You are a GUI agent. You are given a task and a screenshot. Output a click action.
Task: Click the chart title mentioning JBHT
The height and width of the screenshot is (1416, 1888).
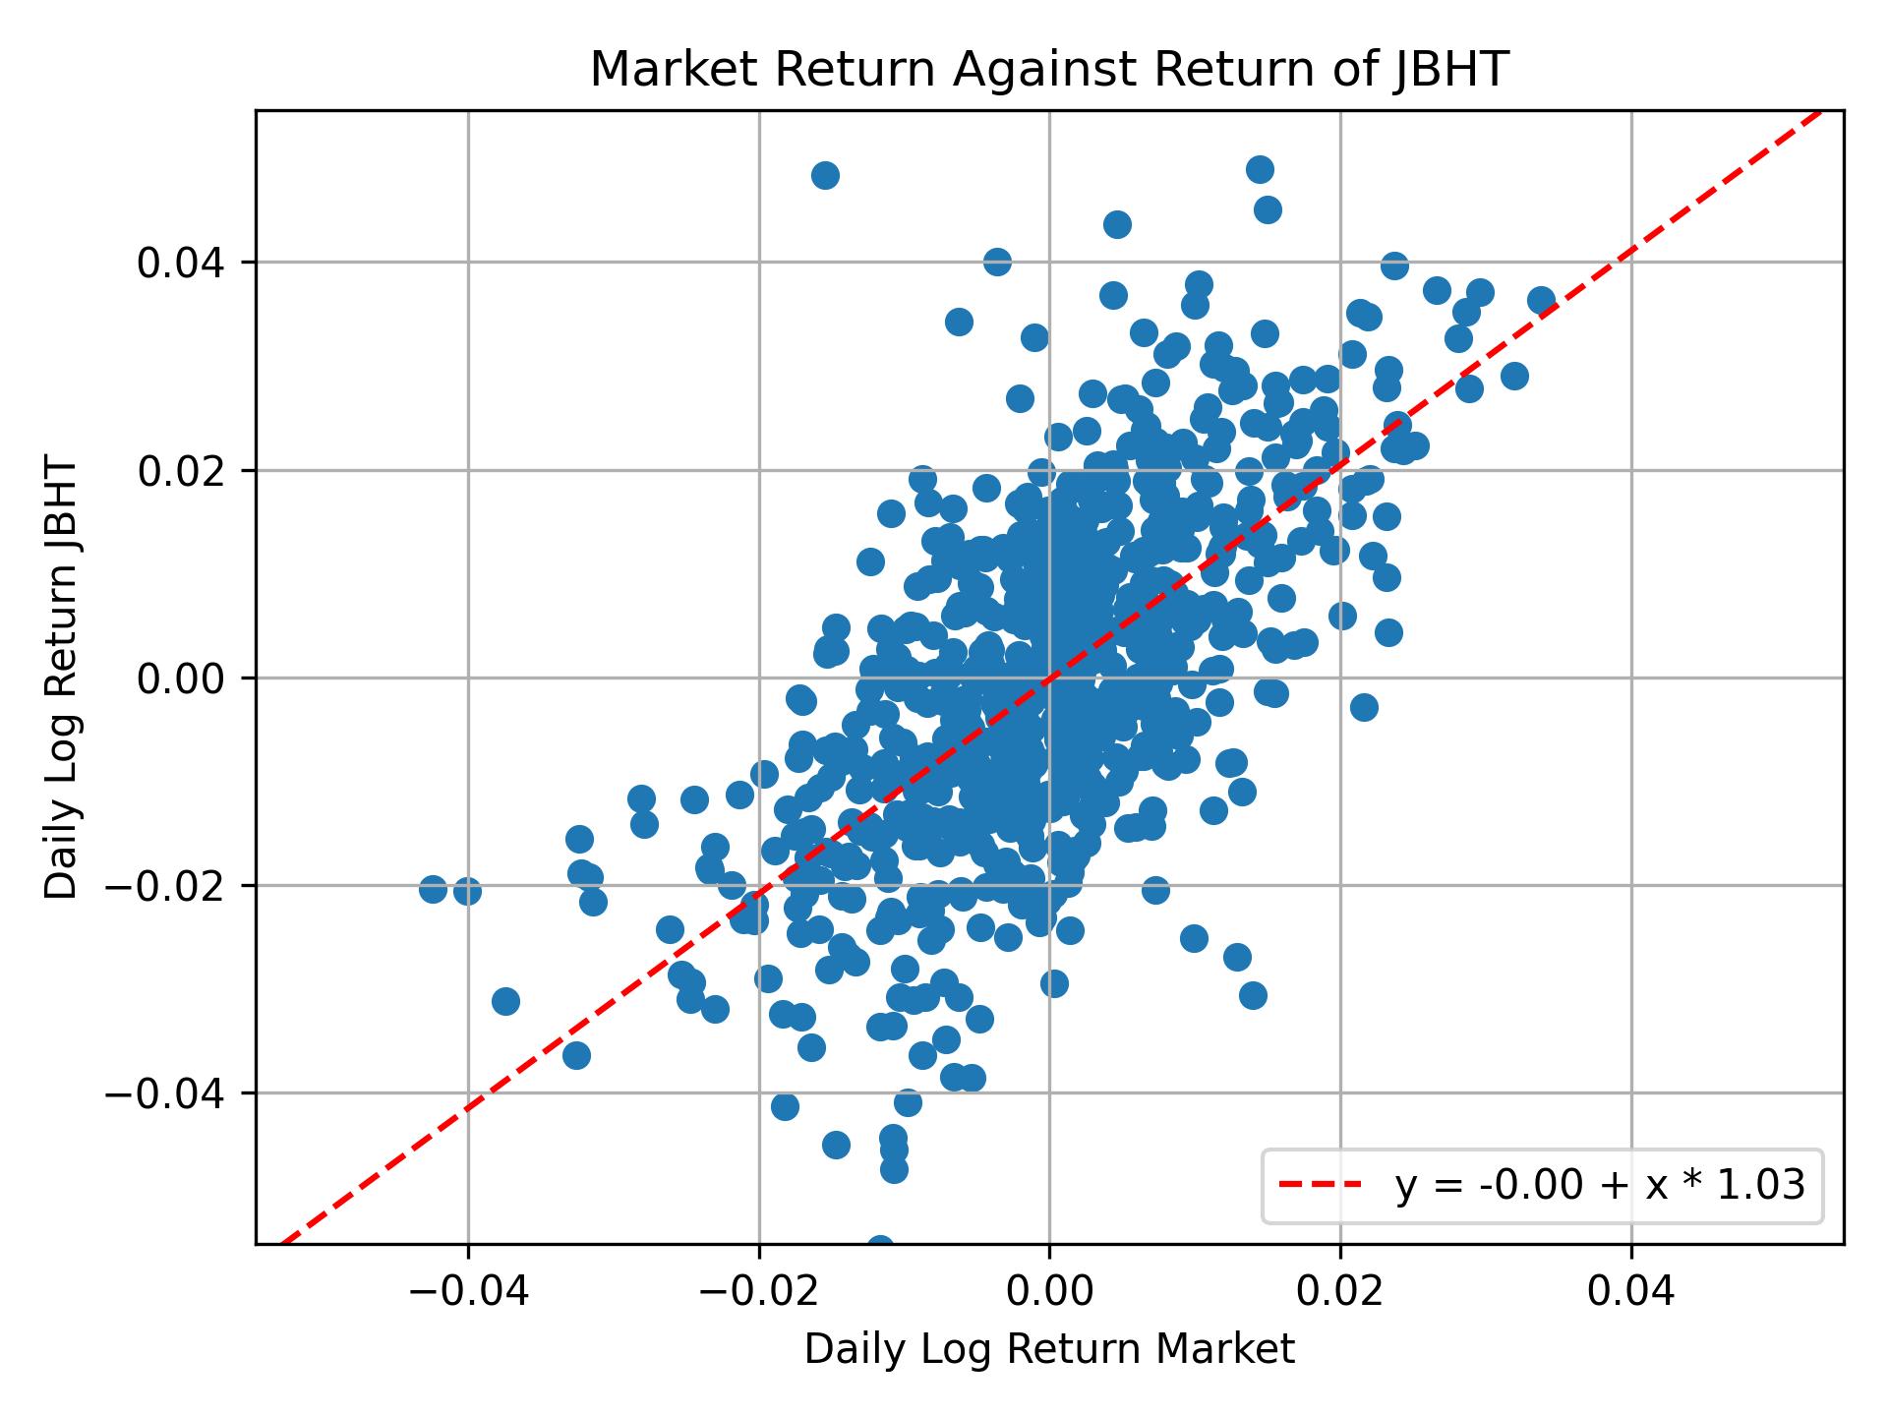point(1049,70)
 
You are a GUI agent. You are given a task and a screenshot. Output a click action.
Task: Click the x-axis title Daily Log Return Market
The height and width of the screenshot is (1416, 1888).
point(1049,1350)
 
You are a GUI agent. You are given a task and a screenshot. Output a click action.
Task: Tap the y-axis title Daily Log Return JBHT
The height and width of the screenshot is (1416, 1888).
point(61,678)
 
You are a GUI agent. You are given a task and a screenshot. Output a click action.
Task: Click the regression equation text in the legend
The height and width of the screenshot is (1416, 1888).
point(1600,1186)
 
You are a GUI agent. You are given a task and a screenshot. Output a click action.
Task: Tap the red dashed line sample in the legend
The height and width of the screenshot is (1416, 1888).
point(1321,1186)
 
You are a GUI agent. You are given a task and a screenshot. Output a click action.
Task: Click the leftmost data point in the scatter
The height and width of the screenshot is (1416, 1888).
point(433,889)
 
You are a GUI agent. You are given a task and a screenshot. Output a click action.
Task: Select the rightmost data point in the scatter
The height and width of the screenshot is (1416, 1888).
point(1541,300)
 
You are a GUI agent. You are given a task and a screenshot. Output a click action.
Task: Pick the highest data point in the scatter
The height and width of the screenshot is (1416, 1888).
point(1260,169)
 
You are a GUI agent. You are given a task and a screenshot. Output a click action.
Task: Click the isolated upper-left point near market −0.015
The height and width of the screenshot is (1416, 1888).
point(825,175)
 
